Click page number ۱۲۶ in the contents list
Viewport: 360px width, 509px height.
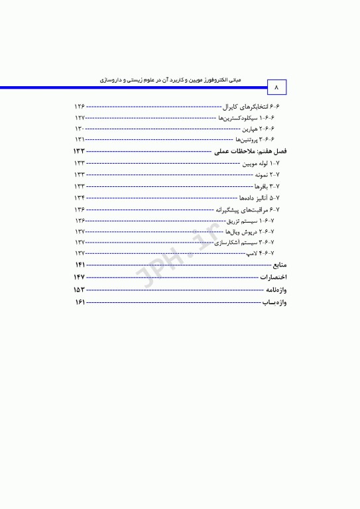coord(80,107)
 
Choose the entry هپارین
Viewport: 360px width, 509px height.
coord(266,129)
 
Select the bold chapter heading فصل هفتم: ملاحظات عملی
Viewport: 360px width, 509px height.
coord(247,152)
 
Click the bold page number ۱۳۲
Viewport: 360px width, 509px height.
coord(80,152)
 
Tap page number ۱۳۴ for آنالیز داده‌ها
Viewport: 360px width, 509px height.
coord(80,198)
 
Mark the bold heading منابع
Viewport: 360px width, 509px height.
coord(274,265)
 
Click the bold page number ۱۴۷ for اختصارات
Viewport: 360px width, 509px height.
coord(80,277)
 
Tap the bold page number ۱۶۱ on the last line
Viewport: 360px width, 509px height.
coord(80,302)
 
